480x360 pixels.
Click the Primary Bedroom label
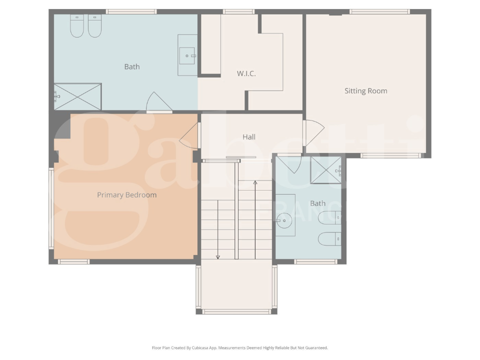[126, 195]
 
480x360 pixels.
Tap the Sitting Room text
[365, 91]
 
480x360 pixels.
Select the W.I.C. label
[246, 73]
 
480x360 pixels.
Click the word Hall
[248, 137]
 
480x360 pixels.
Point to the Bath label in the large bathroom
[132, 66]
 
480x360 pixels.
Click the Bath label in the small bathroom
[317, 203]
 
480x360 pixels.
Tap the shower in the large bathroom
[78, 96]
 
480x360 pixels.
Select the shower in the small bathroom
[326, 170]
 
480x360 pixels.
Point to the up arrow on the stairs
[255, 183]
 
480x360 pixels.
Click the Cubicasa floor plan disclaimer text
[239, 347]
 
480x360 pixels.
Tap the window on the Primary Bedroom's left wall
[51, 208]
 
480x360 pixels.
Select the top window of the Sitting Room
[379, 11]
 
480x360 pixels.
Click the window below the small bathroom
[315, 261]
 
